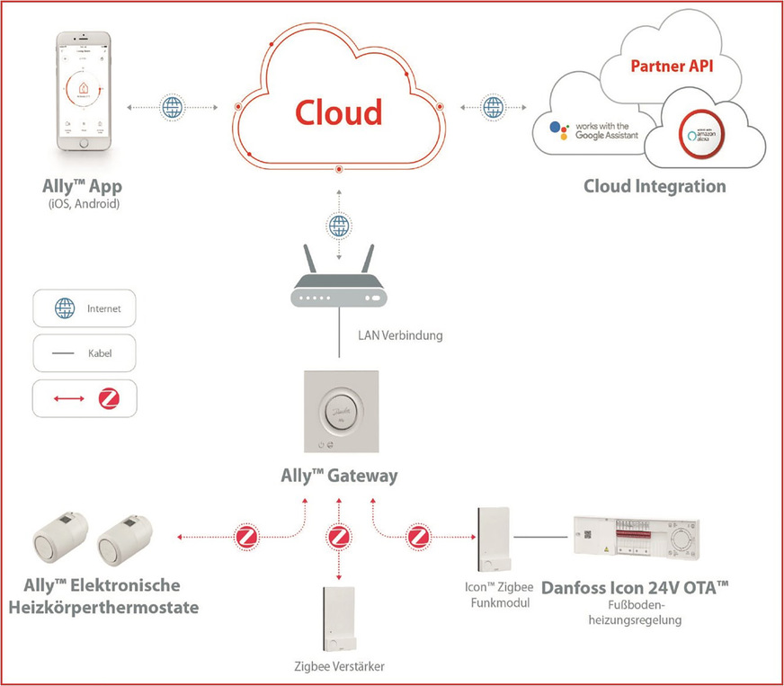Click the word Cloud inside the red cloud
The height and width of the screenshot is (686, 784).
pos(339,112)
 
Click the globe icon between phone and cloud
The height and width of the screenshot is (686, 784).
pos(172,108)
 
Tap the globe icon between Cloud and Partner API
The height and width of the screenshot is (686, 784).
pos(493,108)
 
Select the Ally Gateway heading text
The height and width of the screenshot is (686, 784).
pos(338,476)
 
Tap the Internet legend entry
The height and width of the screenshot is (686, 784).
pos(85,308)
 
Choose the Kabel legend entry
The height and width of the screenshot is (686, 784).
pos(85,353)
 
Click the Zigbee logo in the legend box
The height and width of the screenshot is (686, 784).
pos(109,397)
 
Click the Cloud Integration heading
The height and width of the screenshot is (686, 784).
pos(655,186)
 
